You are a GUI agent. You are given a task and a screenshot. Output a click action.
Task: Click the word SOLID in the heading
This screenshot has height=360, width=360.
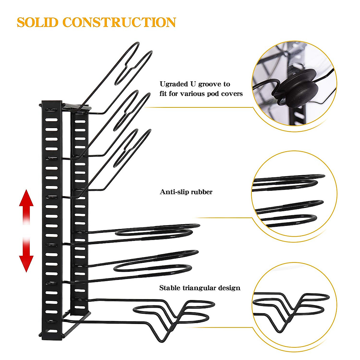[37, 23]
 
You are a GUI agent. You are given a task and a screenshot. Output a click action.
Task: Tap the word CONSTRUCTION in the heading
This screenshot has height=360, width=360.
[119, 23]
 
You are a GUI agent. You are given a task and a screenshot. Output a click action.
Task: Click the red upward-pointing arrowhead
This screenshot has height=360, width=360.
[26, 198]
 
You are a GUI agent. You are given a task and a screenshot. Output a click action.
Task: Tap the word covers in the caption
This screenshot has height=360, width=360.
[232, 94]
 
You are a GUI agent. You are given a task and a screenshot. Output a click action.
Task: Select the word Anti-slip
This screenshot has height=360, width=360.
[172, 192]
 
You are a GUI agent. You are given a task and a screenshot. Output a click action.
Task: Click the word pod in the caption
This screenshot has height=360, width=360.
[214, 94]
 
